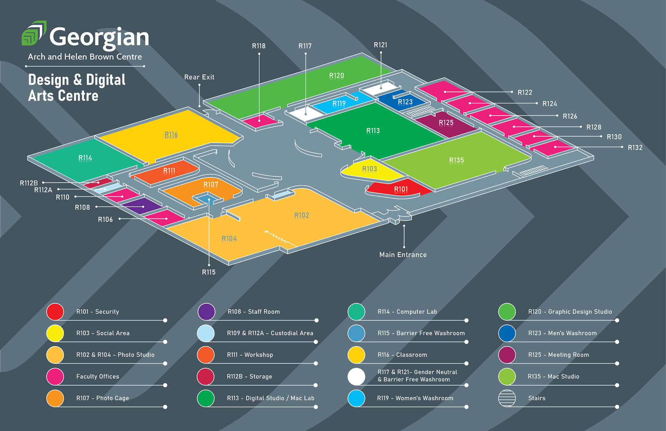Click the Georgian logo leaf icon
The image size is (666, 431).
click(x=34, y=33)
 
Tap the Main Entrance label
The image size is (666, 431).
click(x=403, y=255)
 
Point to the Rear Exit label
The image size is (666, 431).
click(x=199, y=77)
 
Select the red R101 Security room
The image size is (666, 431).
click(x=401, y=189)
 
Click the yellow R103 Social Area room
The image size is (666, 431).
click(x=369, y=169)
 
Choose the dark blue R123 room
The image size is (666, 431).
click(x=405, y=102)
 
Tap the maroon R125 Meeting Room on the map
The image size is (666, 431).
click(x=446, y=123)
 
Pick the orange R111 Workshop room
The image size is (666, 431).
click(x=169, y=171)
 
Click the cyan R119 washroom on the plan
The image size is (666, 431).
click(x=339, y=104)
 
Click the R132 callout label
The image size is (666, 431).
click(x=635, y=147)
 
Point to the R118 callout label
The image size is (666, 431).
click(x=258, y=46)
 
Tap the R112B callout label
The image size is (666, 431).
click(x=29, y=183)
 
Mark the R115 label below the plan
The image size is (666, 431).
click(x=209, y=272)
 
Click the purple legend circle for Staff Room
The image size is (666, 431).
click(x=206, y=312)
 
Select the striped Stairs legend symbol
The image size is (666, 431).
click(x=507, y=398)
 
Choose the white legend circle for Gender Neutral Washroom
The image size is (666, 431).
click(x=356, y=377)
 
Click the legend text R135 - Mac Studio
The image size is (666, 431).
click(x=553, y=377)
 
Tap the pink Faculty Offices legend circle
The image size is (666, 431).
click(x=55, y=377)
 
